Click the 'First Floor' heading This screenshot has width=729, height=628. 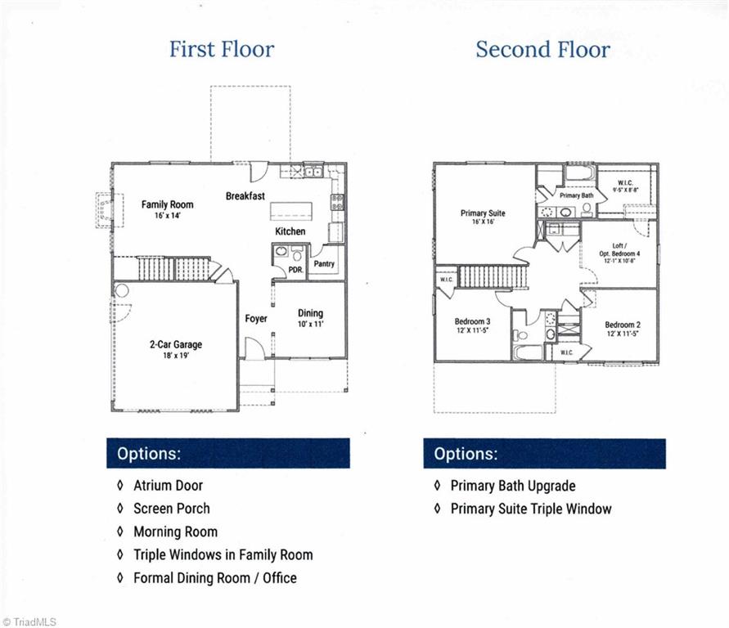(x=222, y=49)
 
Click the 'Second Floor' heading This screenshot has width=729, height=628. (x=542, y=49)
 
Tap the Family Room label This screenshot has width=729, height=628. (x=167, y=204)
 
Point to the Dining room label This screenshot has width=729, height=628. (x=310, y=313)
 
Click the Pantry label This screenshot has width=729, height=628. (x=324, y=264)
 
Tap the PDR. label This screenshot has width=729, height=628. (x=295, y=268)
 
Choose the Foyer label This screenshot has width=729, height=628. (x=256, y=318)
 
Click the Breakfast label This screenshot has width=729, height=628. (x=245, y=196)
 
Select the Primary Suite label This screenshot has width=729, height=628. (x=483, y=213)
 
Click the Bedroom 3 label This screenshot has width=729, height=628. (x=472, y=321)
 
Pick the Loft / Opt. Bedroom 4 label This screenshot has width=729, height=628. (x=619, y=249)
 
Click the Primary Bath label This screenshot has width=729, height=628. (x=576, y=195)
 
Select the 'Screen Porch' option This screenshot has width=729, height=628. (x=171, y=509)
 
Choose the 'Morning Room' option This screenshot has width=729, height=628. (x=175, y=532)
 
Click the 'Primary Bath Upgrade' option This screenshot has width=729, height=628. (x=512, y=486)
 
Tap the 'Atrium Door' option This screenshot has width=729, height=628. (x=168, y=486)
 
